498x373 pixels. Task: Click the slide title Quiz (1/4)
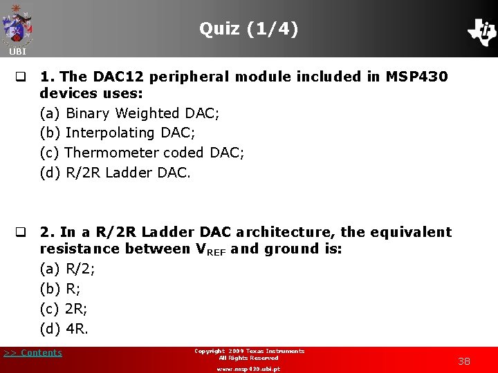tap(249, 29)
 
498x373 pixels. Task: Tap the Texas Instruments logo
tap(482, 31)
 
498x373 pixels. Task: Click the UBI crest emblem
tap(17, 25)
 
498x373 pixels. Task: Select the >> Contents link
tap(33, 353)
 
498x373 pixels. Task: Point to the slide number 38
tap(464, 361)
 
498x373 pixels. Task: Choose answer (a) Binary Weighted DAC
tap(120, 113)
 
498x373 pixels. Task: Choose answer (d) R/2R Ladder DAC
tap(115, 172)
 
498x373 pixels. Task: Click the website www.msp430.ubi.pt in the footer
tap(248, 369)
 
